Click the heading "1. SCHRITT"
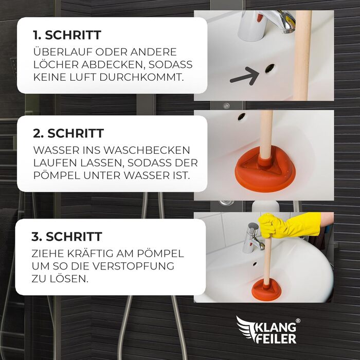[67, 35]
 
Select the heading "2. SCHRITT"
[68, 133]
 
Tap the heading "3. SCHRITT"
[66, 237]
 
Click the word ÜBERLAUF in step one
[63, 51]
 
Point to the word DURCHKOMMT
[141, 77]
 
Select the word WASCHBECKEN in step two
[147, 150]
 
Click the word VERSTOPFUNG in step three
[133, 266]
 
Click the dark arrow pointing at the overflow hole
[245, 76]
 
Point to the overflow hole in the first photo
[269, 68]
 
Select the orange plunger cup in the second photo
[265, 168]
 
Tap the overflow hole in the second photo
[242, 116]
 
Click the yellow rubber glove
[290, 225]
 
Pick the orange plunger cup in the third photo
[267, 289]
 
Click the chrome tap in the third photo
[253, 238]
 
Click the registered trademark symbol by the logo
[298, 321]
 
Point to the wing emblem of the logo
[246, 328]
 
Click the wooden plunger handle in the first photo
[303, 55]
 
